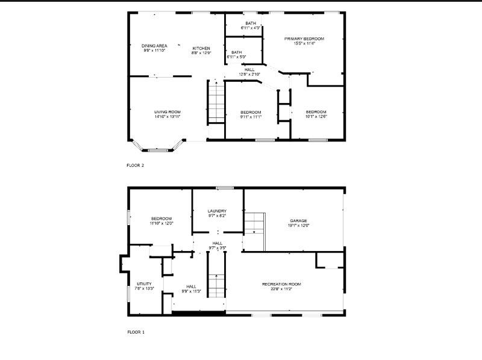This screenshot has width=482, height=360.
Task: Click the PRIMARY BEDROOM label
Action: pyautogui.click(x=304, y=39)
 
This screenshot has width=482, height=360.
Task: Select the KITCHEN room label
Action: pyautogui.click(x=201, y=48)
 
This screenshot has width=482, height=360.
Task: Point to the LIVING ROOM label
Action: pyautogui.click(x=167, y=112)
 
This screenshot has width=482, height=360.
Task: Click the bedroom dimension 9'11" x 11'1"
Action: pyautogui.click(x=251, y=117)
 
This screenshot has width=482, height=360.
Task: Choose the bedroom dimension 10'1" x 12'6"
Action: pyautogui.click(x=316, y=117)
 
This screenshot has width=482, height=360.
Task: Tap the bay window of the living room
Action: pyautogui.click(x=157, y=147)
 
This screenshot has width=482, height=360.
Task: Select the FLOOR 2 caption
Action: pyautogui.click(x=136, y=165)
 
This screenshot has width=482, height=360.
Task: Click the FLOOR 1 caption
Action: pyautogui.click(x=136, y=332)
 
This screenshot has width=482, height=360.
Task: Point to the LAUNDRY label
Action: pyautogui.click(x=217, y=211)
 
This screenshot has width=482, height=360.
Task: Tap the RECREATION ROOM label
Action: pyautogui.click(x=281, y=284)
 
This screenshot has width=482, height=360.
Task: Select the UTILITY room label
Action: pyautogui.click(x=144, y=284)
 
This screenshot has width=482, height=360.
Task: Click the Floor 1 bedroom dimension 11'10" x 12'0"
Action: pyautogui.click(x=161, y=223)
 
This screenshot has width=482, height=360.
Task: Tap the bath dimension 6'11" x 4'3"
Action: pyautogui.click(x=251, y=28)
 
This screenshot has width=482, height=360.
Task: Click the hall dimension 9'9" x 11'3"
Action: pyautogui.click(x=191, y=291)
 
